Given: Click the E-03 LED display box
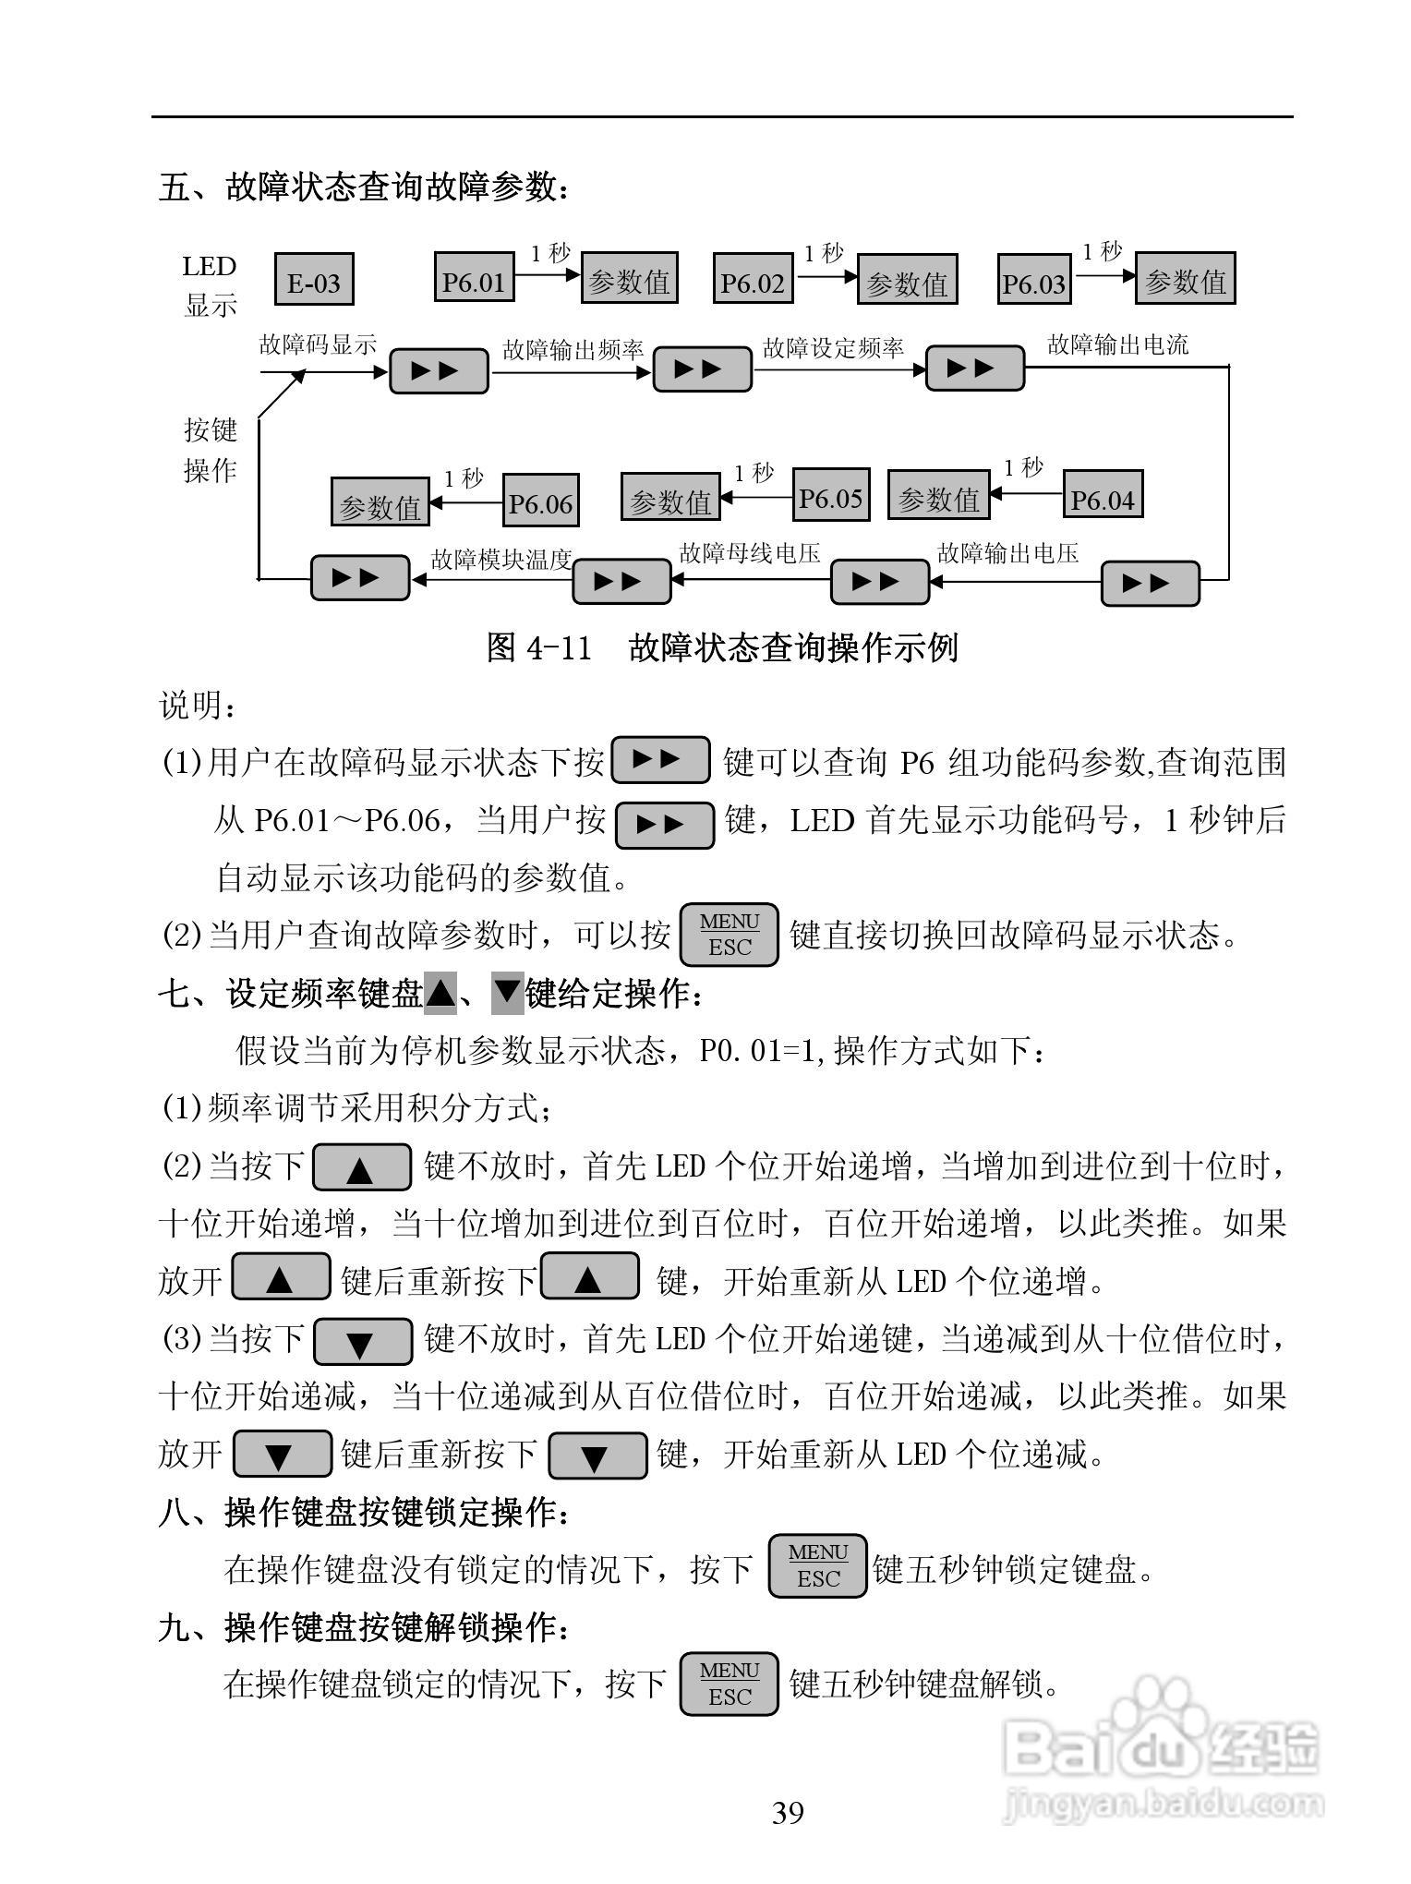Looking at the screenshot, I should pyautogui.click(x=314, y=282).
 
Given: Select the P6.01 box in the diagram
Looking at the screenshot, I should pyautogui.click(x=474, y=281).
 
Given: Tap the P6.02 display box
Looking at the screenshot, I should pyautogui.click(x=753, y=282).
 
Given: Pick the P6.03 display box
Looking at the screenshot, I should pyautogui.click(x=1034, y=283).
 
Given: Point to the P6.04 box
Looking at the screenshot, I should pyautogui.click(x=1102, y=499).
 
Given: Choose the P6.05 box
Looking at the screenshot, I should pyautogui.click(x=830, y=498).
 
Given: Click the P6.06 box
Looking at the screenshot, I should pyautogui.click(x=541, y=502).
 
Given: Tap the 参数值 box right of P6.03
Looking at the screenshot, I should pyautogui.click(x=1185, y=280).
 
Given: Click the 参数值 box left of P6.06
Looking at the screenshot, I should pyautogui.click(x=380, y=504).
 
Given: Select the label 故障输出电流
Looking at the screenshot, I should pyautogui.click(x=1117, y=345).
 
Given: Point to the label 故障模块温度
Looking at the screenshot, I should pyautogui.click(x=501, y=560).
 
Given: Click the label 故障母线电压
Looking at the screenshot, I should pyautogui.click(x=749, y=553).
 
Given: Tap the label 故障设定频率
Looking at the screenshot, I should pyautogui.click(x=833, y=348).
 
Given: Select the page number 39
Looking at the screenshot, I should pyautogui.click(x=788, y=1813).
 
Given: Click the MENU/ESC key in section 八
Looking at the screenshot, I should pyautogui.click(x=818, y=1565).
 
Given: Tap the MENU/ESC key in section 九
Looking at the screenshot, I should pyautogui.click(x=730, y=1684).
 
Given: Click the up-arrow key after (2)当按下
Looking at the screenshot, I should pyautogui.click(x=362, y=1168).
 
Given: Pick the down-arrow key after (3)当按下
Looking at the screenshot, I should pyautogui.click(x=363, y=1342).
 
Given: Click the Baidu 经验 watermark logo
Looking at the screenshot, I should pyautogui.click(x=1164, y=1755).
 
